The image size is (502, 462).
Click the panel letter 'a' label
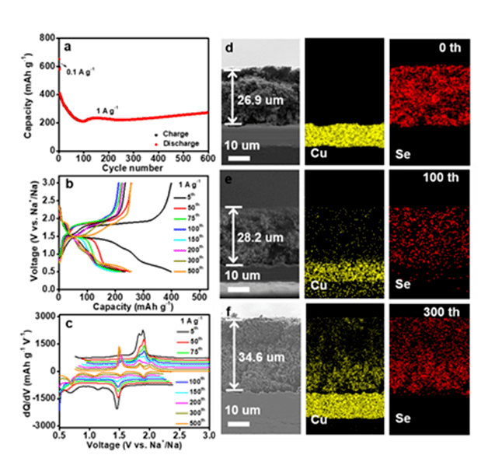click(68, 47)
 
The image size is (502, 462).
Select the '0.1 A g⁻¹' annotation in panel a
click(81, 72)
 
